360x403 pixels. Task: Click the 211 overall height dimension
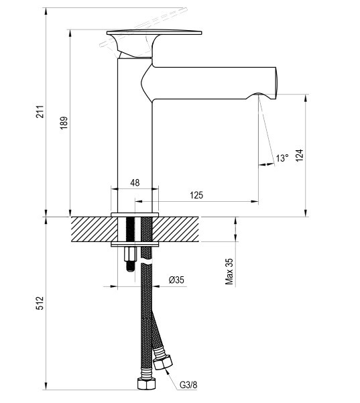click(40, 111)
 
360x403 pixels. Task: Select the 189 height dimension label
click(64, 123)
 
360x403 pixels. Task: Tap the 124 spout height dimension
click(300, 156)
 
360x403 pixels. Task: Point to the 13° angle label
click(282, 158)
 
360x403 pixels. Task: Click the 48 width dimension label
click(135, 183)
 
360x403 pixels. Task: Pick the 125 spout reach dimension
click(196, 195)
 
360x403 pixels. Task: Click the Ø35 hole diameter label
click(176, 280)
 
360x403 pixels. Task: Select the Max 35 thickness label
click(229, 272)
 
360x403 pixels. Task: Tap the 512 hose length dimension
click(40, 303)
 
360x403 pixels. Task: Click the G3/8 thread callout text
click(188, 385)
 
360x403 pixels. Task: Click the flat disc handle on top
click(154, 33)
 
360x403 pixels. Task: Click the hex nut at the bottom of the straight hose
click(147, 384)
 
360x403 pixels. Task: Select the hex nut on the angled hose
click(163, 362)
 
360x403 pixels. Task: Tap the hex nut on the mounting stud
click(129, 253)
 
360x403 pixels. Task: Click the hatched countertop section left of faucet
click(95, 229)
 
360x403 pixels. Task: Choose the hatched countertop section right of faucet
click(176, 229)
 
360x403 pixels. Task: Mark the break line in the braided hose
click(147, 263)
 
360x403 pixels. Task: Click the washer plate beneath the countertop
click(135, 244)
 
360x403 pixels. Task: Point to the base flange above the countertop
click(135, 215)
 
